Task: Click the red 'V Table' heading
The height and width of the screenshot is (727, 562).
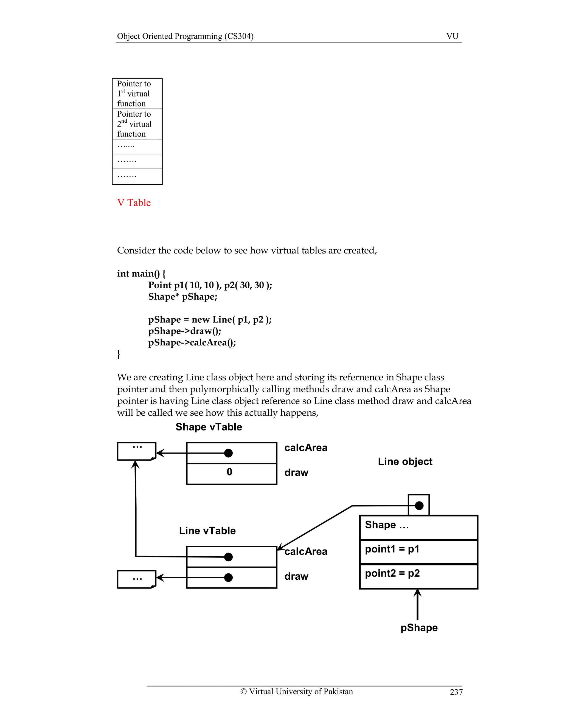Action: point(134,203)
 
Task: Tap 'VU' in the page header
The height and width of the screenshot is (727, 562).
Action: point(452,36)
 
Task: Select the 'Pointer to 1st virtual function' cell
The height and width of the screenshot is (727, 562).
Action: point(137,94)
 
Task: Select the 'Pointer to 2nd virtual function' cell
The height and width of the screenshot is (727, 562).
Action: point(137,124)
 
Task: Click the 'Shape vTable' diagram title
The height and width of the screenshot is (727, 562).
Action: point(209,427)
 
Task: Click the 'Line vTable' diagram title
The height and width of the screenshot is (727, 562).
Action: point(207,531)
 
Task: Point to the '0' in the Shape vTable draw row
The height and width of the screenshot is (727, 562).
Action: point(229,472)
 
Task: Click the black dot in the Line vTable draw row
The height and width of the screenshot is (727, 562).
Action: point(228,577)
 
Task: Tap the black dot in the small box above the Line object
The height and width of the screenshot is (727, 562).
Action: point(419,506)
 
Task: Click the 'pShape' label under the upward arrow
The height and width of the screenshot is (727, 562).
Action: point(419,628)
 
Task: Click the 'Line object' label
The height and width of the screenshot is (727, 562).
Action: point(405,462)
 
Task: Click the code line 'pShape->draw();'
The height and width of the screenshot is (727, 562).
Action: point(184,331)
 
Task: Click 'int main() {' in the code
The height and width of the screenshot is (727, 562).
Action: point(141,274)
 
